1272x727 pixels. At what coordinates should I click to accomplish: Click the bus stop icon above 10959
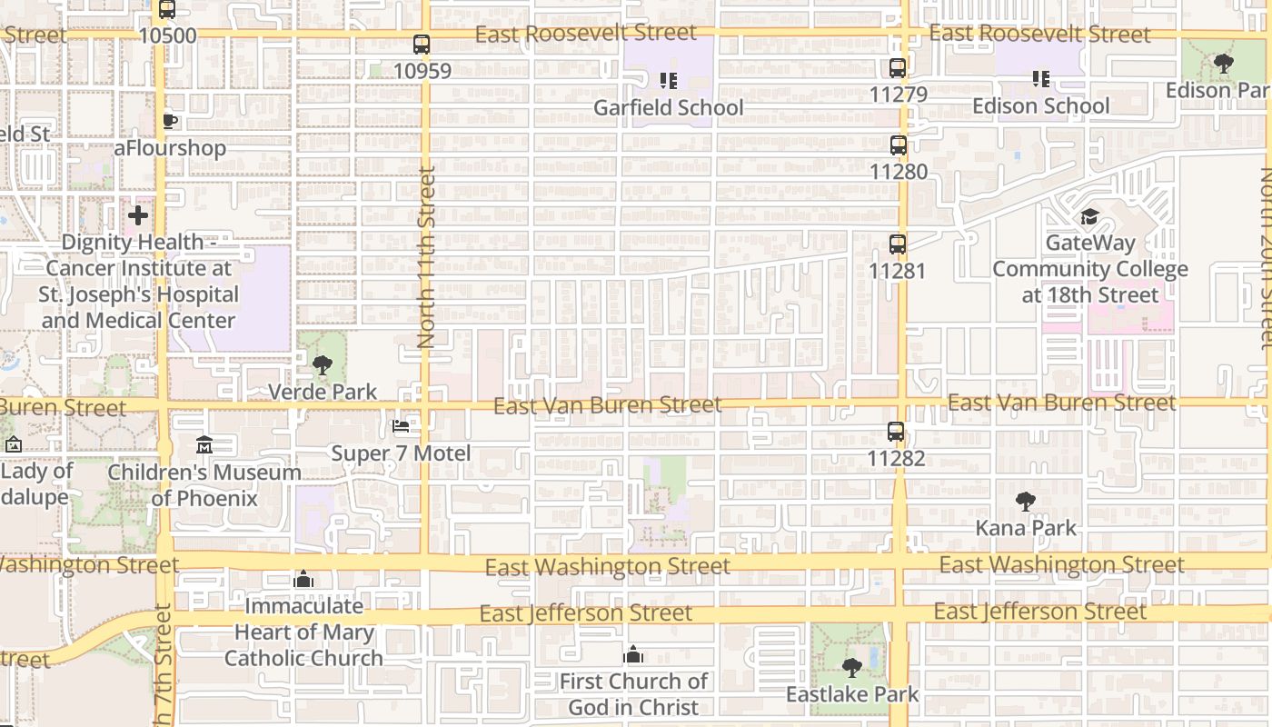point(422,44)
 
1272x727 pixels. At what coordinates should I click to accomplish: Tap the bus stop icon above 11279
point(898,68)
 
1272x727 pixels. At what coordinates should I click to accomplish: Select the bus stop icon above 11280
point(898,145)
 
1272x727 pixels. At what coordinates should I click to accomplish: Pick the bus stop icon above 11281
point(898,244)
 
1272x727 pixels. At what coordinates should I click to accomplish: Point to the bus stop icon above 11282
point(896,433)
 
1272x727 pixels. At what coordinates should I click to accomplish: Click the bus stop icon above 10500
point(167,10)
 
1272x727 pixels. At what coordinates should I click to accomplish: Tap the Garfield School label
point(668,107)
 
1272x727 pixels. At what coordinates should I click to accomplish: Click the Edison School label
point(1040,105)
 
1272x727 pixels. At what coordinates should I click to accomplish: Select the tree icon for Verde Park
point(322,365)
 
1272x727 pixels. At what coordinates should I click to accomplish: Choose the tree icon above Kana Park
point(1026,501)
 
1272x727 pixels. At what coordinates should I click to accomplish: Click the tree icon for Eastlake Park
point(852,668)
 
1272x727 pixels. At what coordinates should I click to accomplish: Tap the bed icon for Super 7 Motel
point(401,425)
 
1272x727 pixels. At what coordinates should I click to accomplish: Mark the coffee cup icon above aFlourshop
point(170,121)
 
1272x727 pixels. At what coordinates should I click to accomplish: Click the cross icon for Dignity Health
point(138,215)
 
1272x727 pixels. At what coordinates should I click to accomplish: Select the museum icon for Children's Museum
point(204,445)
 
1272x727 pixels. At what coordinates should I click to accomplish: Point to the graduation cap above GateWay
point(1089,216)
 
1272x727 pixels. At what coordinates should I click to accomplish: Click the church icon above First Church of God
point(633,654)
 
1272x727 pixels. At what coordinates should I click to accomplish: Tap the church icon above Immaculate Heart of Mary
point(303,579)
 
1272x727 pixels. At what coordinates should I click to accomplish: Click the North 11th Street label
point(426,257)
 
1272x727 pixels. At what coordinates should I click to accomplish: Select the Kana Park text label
point(1026,528)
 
